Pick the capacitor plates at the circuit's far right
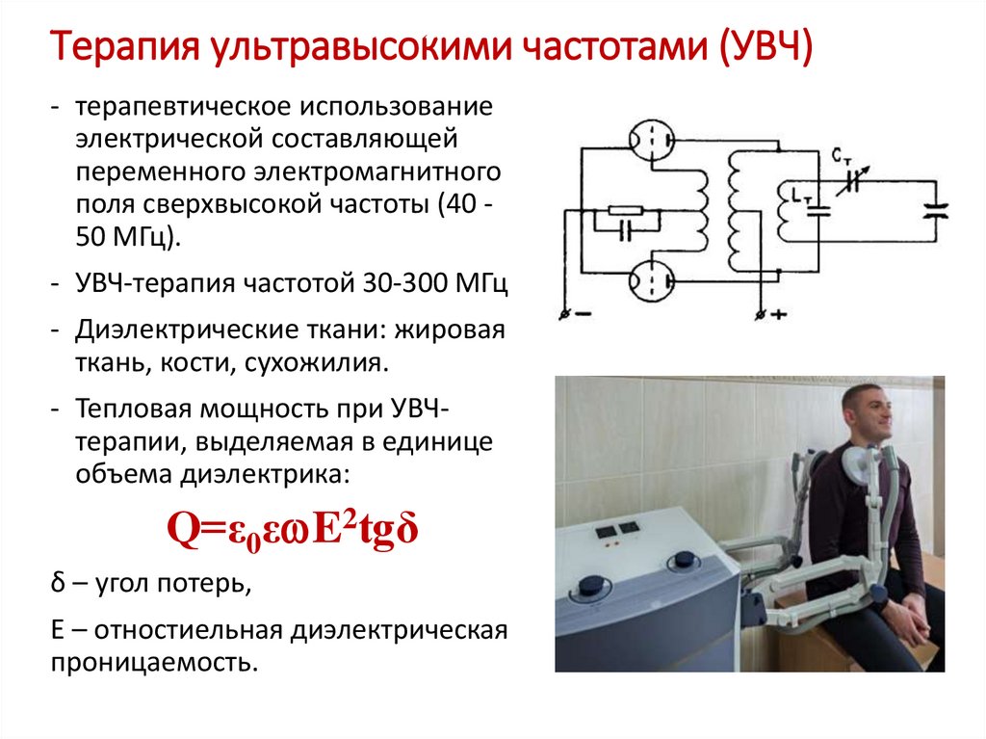click(x=932, y=210)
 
